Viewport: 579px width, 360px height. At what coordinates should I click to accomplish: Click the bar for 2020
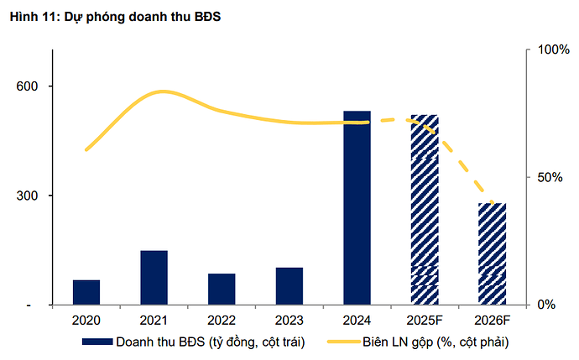tap(86, 292)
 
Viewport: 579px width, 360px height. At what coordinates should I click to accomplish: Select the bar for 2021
tap(154, 278)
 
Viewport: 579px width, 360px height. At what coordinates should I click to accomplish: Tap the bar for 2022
tap(222, 289)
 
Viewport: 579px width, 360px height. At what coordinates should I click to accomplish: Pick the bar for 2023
tap(289, 286)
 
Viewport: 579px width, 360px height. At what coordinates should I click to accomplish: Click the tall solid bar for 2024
tap(357, 207)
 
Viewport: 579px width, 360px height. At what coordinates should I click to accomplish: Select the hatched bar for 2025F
tap(425, 210)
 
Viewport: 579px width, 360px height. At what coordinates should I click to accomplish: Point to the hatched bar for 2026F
tap(493, 253)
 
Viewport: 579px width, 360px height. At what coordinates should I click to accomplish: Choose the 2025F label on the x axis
tap(425, 321)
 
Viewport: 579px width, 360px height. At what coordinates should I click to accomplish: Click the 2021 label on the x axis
tap(154, 321)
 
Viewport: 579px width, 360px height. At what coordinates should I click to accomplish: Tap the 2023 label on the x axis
tap(289, 321)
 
